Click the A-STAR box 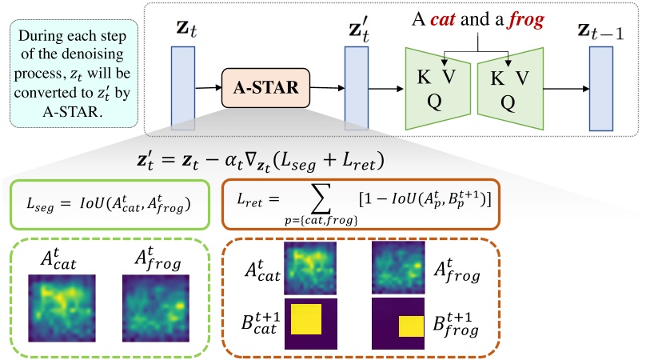coord(263,89)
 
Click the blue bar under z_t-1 coord(601,88)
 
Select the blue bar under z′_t coord(356,88)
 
